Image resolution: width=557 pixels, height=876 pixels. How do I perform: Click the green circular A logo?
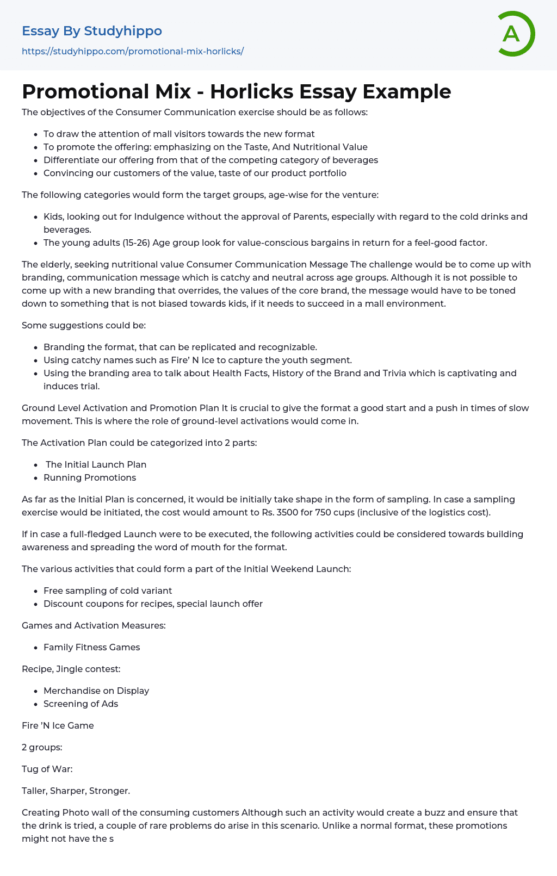tap(516, 34)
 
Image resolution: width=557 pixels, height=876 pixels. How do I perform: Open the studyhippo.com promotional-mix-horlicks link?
tap(133, 51)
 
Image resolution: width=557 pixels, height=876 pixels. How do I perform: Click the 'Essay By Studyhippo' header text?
tap(92, 31)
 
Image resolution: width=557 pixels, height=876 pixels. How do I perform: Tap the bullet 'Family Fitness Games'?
tap(92, 647)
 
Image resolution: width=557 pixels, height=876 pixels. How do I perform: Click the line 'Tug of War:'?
tap(47, 769)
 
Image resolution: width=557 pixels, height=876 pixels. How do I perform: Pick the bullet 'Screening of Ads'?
tap(81, 704)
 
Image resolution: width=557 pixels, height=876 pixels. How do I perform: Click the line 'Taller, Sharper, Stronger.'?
tap(76, 791)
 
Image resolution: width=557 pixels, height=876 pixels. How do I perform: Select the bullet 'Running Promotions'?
tap(90, 477)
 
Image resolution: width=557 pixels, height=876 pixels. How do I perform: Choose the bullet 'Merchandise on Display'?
tap(96, 691)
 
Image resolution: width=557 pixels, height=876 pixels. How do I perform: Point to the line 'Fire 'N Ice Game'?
tap(58, 725)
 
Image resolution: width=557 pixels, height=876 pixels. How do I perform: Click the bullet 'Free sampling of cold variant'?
tap(108, 591)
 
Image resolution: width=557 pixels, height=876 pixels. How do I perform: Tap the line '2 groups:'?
tap(42, 747)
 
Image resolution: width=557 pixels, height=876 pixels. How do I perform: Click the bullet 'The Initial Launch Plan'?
tap(96, 464)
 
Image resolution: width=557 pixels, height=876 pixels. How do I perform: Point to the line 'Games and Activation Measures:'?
tap(94, 625)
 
